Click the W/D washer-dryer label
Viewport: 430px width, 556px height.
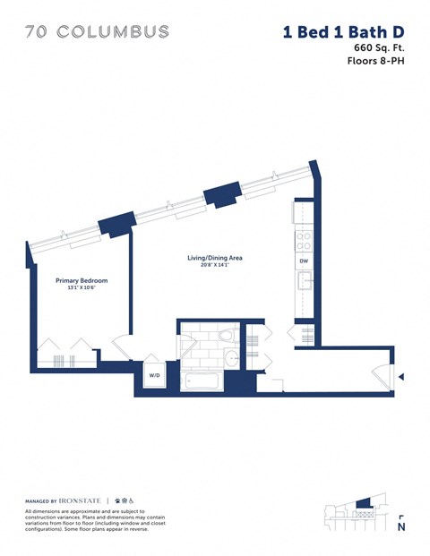pos(153,376)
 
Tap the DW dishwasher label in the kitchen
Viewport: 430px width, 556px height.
pos(304,261)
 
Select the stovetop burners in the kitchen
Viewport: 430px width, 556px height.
pos(304,240)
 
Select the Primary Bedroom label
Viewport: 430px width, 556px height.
pos(75,279)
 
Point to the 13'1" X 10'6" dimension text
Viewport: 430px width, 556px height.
pos(75,288)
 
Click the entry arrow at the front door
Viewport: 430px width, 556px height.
pos(401,376)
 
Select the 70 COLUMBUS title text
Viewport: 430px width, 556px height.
pos(98,32)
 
